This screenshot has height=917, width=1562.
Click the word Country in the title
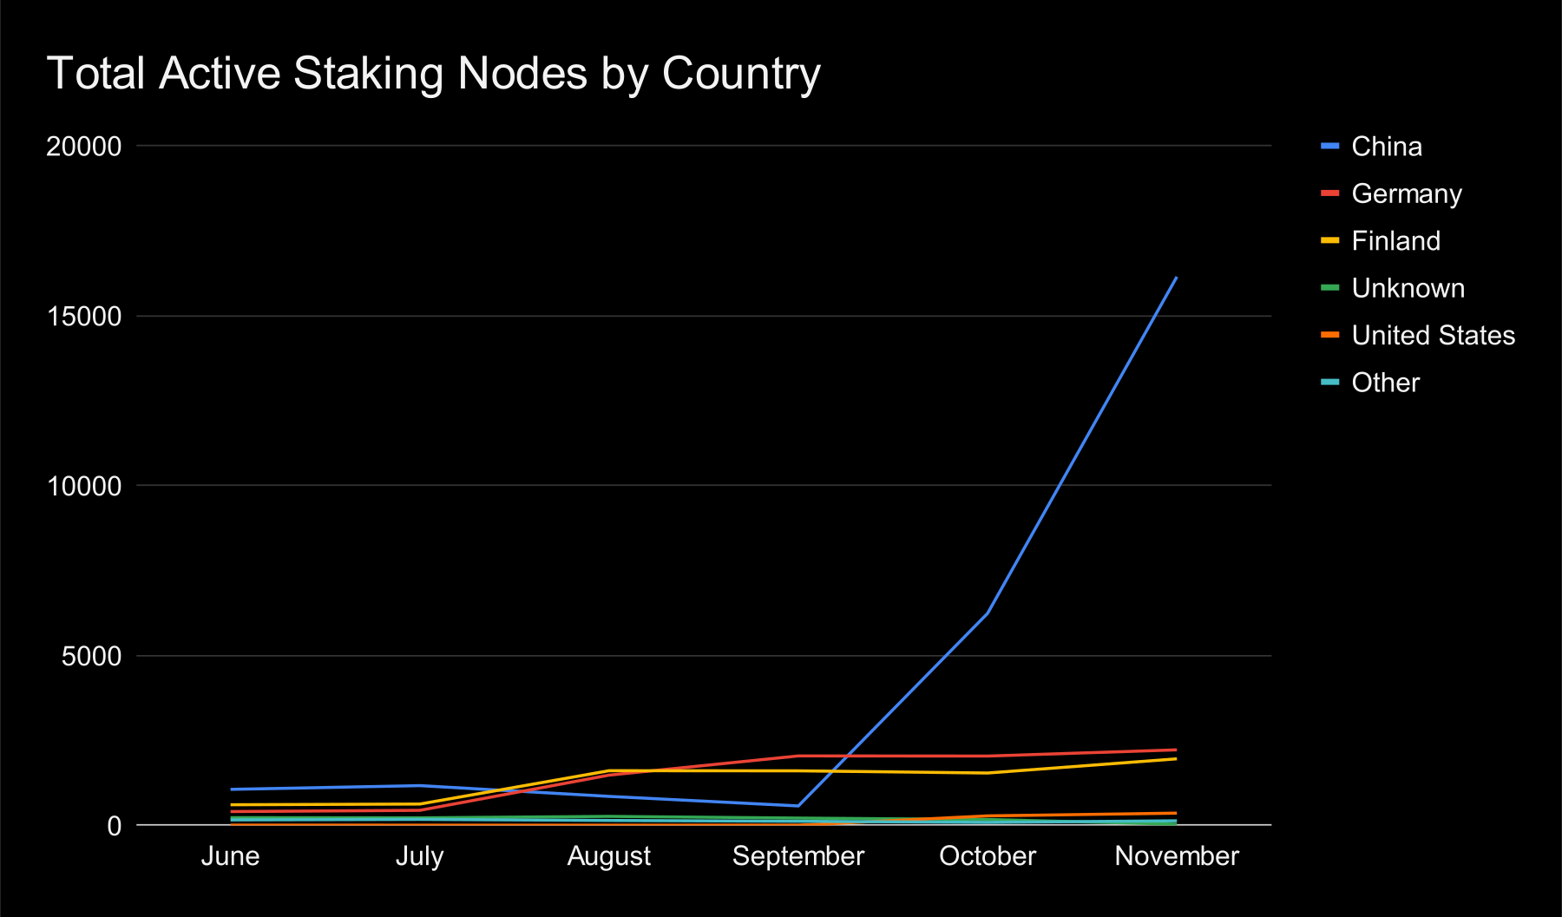click(741, 75)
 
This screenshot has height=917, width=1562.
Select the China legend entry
click(1386, 147)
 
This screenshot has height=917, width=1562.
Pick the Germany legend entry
click(1406, 193)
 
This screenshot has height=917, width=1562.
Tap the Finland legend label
click(1395, 241)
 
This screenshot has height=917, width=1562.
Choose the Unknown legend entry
click(1408, 288)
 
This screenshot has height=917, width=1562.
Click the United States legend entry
click(1433, 336)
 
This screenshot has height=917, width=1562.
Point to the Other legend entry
click(1385, 383)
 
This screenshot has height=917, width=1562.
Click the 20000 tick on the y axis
click(84, 147)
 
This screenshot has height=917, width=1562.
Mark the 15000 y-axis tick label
click(84, 317)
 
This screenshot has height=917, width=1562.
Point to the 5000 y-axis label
click(91, 657)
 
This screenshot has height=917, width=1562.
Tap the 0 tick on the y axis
click(115, 826)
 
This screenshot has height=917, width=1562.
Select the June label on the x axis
click(230, 856)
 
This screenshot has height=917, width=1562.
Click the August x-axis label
click(608, 856)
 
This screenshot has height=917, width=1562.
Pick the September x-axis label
click(797, 856)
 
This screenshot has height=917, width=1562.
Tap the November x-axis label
click(1176, 856)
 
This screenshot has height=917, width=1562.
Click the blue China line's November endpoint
click(1176, 278)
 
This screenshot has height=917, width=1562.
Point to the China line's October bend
click(987, 614)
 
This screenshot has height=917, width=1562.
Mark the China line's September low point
click(797, 806)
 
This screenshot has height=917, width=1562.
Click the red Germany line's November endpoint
click(1176, 750)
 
